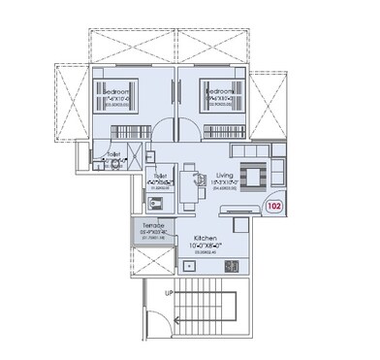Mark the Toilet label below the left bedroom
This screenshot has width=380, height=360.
113,152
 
